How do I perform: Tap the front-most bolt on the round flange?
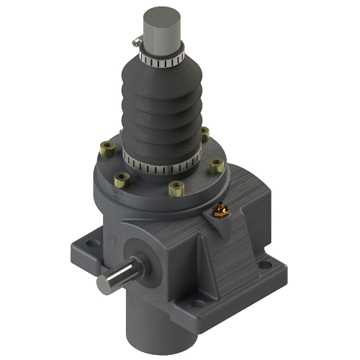175,189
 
